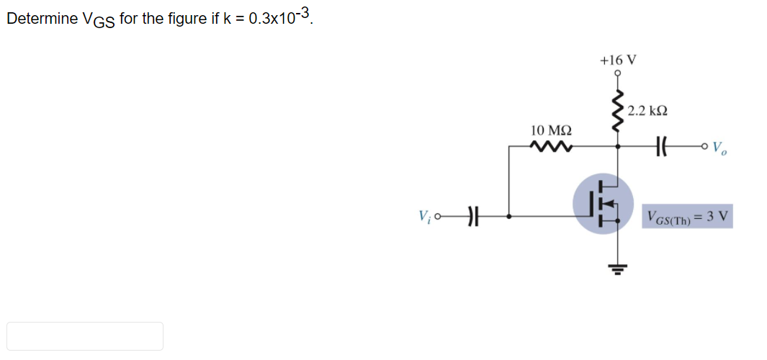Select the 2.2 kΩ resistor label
[647, 111]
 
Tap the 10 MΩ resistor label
[551, 131]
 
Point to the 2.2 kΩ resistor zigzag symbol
[616, 111]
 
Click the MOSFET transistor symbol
[603, 203]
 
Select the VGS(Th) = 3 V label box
[687, 216]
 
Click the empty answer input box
[85, 336]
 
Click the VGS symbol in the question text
[101, 19]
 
